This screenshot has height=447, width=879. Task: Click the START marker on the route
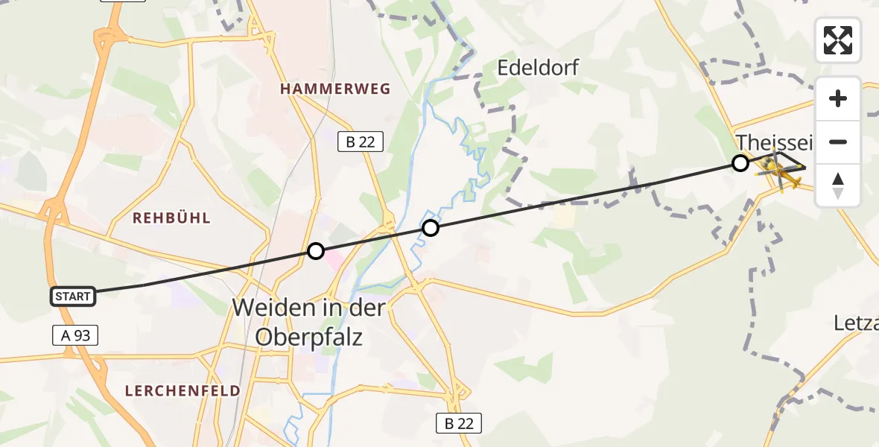[x=73, y=297]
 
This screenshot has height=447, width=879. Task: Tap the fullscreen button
[x=838, y=40]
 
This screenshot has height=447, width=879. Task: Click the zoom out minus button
[x=838, y=142]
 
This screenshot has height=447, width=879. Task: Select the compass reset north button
[x=838, y=186]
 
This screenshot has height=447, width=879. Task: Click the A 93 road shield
[x=76, y=335]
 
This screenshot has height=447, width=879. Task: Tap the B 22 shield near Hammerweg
[x=361, y=141]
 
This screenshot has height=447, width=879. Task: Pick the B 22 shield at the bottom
[x=459, y=423]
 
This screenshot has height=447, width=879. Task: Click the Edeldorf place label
[x=537, y=69]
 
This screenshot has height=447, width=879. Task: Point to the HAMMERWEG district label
[x=335, y=89]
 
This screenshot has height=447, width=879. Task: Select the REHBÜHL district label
[x=171, y=218]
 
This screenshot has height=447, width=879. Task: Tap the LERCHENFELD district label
[x=183, y=390]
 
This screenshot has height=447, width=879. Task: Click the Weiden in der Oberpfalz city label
[x=309, y=322]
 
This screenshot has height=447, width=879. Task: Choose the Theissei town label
[x=775, y=142]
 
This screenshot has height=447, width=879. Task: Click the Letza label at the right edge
[x=857, y=323]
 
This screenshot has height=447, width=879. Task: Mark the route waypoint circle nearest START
[x=316, y=251]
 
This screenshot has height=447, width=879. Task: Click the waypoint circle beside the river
[x=431, y=228]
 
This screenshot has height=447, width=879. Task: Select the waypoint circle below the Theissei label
[x=740, y=163]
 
